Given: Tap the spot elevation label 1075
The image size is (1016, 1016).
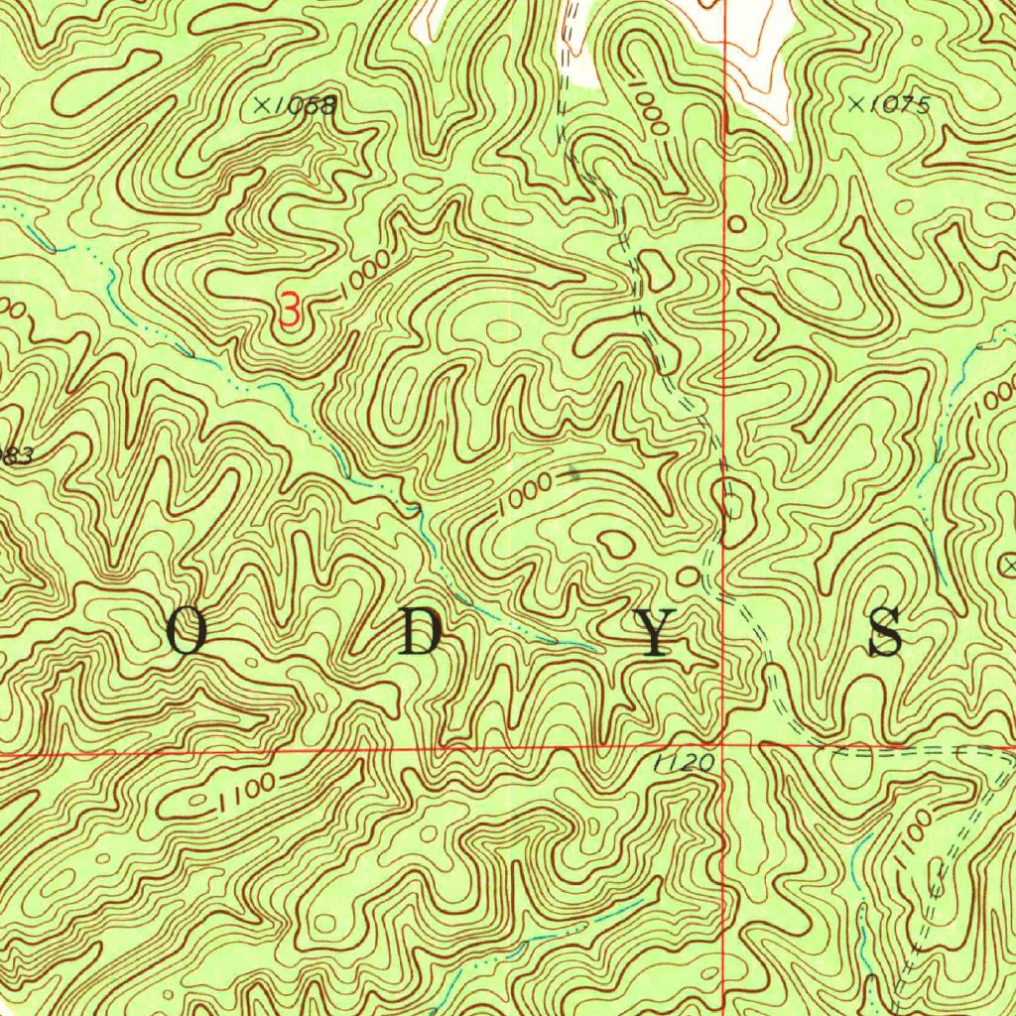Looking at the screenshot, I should [898, 104].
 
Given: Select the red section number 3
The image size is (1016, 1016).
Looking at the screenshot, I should [289, 311].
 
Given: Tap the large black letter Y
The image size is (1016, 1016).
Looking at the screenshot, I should [654, 632].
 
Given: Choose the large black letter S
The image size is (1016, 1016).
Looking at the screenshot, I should [886, 632].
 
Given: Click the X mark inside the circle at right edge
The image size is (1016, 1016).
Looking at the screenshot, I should [1009, 565].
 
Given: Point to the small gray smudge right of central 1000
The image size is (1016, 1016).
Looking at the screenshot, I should [574, 474].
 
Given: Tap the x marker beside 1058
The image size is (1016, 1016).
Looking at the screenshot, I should [262, 104].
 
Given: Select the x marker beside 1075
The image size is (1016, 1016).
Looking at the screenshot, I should [856, 102].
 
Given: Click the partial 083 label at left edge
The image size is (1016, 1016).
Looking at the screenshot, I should [15, 455].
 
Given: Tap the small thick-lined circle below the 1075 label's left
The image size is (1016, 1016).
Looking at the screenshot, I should [736, 224].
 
